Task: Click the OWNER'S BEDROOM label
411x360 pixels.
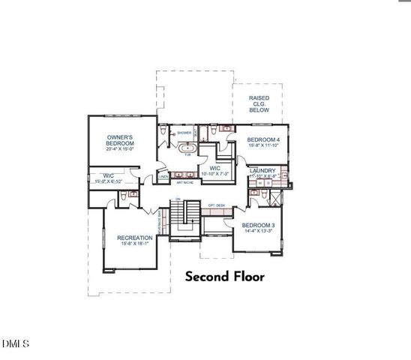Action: [120, 140]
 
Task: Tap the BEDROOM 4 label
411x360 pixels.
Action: [263, 140]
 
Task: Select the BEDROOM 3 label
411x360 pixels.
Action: [259, 225]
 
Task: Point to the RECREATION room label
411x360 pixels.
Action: [135, 238]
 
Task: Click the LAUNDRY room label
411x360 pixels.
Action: [262, 171]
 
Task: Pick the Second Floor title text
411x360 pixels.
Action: [225, 277]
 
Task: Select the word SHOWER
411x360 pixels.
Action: [184, 133]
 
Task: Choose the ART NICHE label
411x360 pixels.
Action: [185, 182]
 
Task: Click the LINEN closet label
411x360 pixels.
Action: [163, 177]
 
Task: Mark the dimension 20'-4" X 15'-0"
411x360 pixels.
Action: [120, 148]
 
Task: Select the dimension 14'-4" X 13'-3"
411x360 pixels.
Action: [259, 231]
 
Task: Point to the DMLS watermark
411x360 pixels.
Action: [15, 344]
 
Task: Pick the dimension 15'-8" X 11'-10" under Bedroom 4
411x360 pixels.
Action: [263, 147]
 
